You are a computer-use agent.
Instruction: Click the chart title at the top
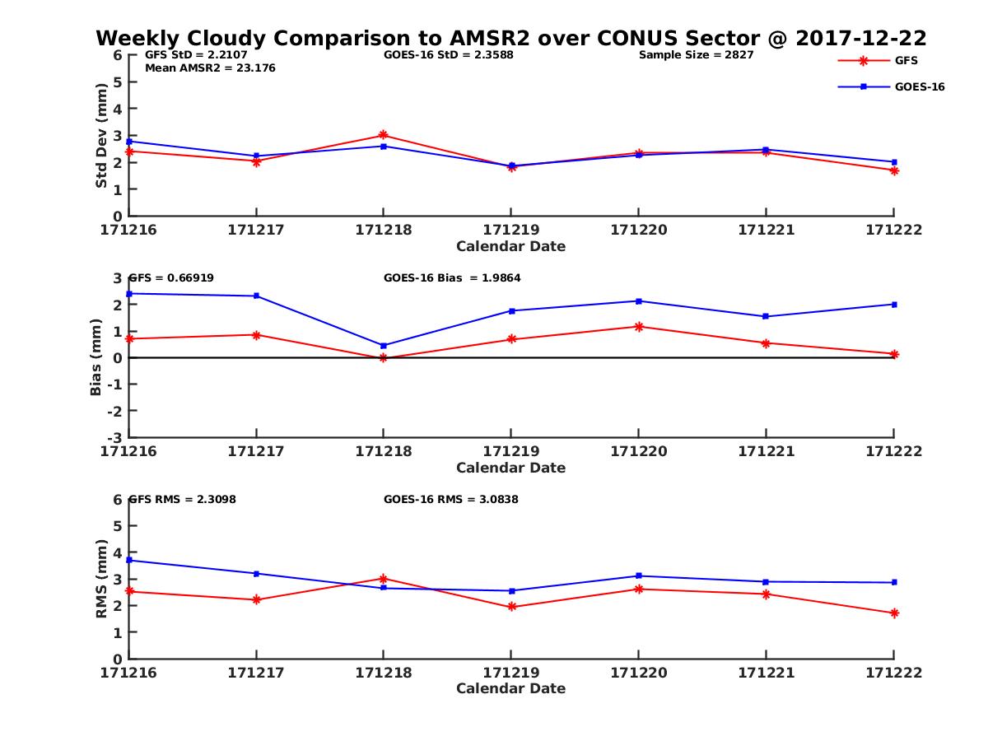pyautogui.click(x=510, y=38)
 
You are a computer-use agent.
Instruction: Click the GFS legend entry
pyautogui.click(x=906, y=60)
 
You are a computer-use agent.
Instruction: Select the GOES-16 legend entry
pyautogui.click(x=919, y=86)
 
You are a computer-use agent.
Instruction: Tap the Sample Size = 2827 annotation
pyautogui.click(x=696, y=55)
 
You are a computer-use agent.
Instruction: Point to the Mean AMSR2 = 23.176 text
pyautogui.click(x=210, y=68)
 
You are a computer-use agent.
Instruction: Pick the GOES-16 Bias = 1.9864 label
pyautogui.click(x=452, y=278)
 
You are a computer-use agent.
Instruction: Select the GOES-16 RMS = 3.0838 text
pyautogui.click(x=450, y=499)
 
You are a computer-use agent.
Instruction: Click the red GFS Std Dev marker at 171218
pyautogui.click(x=384, y=135)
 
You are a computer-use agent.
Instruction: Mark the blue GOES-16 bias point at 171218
pyautogui.click(x=384, y=346)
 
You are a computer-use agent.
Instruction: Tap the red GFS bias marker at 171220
pyautogui.click(x=638, y=327)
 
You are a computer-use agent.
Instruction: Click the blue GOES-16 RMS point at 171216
pyautogui.click(x=129, y=560)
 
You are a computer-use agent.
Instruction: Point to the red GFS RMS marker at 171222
pyautogui.click(x=894, y=613)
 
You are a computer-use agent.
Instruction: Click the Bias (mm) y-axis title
pyautogui.click(x=96, y=357)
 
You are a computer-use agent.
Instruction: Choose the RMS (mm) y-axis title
pyautogui.click(x=101, y=579)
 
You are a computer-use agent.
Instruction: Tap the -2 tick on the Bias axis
pyautogui.click(x=116, y=411)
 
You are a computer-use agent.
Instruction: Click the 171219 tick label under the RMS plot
pyautogui.click(x=510, y=673)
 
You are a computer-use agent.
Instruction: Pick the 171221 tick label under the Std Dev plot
pyautogui.click(x=766, y=230)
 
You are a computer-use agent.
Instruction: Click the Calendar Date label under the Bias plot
pyautogui.click(x=510, y=468)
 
